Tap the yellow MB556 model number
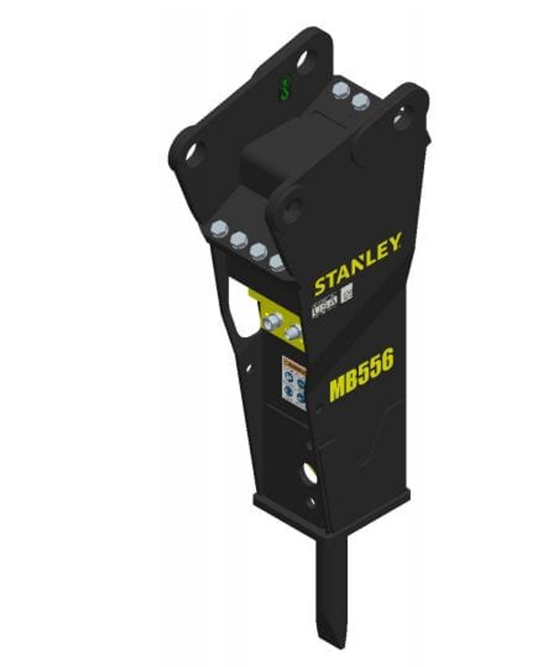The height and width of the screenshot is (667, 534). click(x=361, y=374)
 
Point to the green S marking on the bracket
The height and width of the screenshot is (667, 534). click(x=284, y=89)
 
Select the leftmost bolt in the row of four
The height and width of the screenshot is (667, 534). click(x=218, y=229)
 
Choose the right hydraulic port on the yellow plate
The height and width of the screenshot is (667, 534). click(x=294, y=333)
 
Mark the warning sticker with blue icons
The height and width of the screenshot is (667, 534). click(x=294, y=383)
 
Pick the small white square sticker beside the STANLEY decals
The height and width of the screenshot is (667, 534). click(x=347, y=293)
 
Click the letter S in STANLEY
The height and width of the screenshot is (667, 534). click(x=320, y=286)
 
